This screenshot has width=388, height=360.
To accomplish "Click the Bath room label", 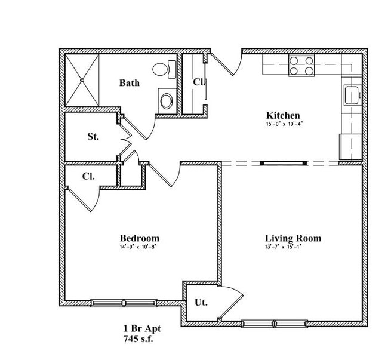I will click(x=129, y=83).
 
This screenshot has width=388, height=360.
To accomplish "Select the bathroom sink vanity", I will click(x=167, y=99).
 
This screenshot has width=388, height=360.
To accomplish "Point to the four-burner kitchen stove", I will click(x=301, y=65).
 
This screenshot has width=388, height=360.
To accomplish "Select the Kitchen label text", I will click(x=282, y=115).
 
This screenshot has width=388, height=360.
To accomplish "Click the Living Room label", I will click(x=292, y=238).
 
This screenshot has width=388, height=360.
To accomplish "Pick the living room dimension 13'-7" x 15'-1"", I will click(x=284, y=247).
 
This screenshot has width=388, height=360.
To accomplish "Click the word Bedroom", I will click(x=138, y=238).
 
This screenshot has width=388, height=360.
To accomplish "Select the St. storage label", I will click(x=93, y=136).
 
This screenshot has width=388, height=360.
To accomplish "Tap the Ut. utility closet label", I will click(x=201, y=302).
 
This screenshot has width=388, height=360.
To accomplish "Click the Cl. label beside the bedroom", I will click(x=89, y=176).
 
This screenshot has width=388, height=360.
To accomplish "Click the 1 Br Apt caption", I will click(x=141, y=328).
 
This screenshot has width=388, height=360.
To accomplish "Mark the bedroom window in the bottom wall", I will click(x=123, y=302).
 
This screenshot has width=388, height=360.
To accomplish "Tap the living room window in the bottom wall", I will click(x=275, y=324).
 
